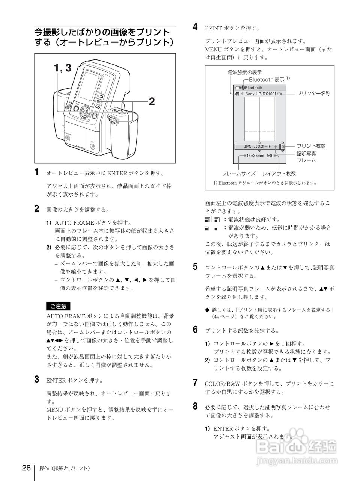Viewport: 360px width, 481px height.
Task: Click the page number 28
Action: click(x=26, y=468)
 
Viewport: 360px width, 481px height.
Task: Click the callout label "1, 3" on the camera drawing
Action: click(x=62, y=68)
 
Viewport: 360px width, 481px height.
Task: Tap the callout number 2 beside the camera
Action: click(x=152, y=101)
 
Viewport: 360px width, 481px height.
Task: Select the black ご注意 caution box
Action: click(x=58, y=306)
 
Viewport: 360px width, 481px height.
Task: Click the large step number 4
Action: click(x=195, y=27)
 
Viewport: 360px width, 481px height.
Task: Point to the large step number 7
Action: click(x=195, y=383)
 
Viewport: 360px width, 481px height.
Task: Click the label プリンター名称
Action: click(x=313, y=93)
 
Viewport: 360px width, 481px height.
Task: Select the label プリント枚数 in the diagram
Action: click(x=311, y=146)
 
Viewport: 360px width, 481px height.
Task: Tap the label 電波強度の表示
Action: click(x=244, y=72)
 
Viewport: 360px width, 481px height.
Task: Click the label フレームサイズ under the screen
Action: click(x=239, y=174)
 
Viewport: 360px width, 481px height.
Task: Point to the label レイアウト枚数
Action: click(x=279, y=174)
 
